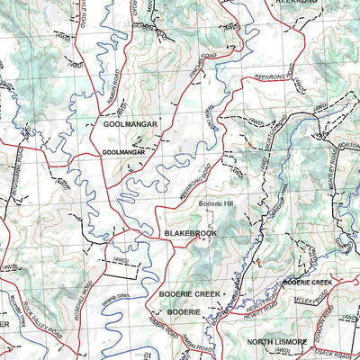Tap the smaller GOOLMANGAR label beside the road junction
pos(122,152)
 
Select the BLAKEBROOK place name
pos(192,233)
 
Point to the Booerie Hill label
pos(216,203)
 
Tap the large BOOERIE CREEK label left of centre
pos(189,294)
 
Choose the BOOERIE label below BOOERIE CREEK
pos(180,310)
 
